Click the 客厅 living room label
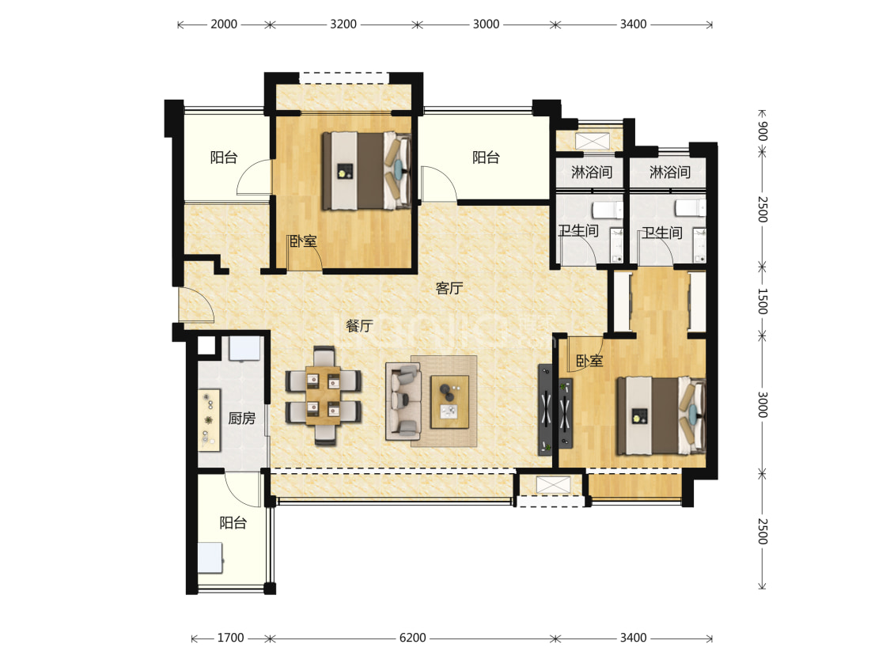tap(449, 288)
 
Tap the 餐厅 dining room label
tap(359, 326)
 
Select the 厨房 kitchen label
tap(242, 419)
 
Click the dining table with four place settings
tap(323, 396)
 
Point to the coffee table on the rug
tap(449, 402)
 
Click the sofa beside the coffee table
tap(403, 402)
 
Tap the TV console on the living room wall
tap(545, 410)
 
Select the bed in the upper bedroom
tap(366, 171)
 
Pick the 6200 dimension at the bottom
tap(413, 638)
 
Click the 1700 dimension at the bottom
tap(230, 638)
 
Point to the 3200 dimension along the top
tap(343, 24)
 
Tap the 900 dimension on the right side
tap(763, 131)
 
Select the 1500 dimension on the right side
tap(763, 301)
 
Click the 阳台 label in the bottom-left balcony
tap(233, 522)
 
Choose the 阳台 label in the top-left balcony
tap(224, 157)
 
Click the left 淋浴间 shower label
tap(592, 172)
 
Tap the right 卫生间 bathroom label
tap(662, 233)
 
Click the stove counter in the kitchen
tap(209, 421)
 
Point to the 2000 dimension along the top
tap(224, 24)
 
